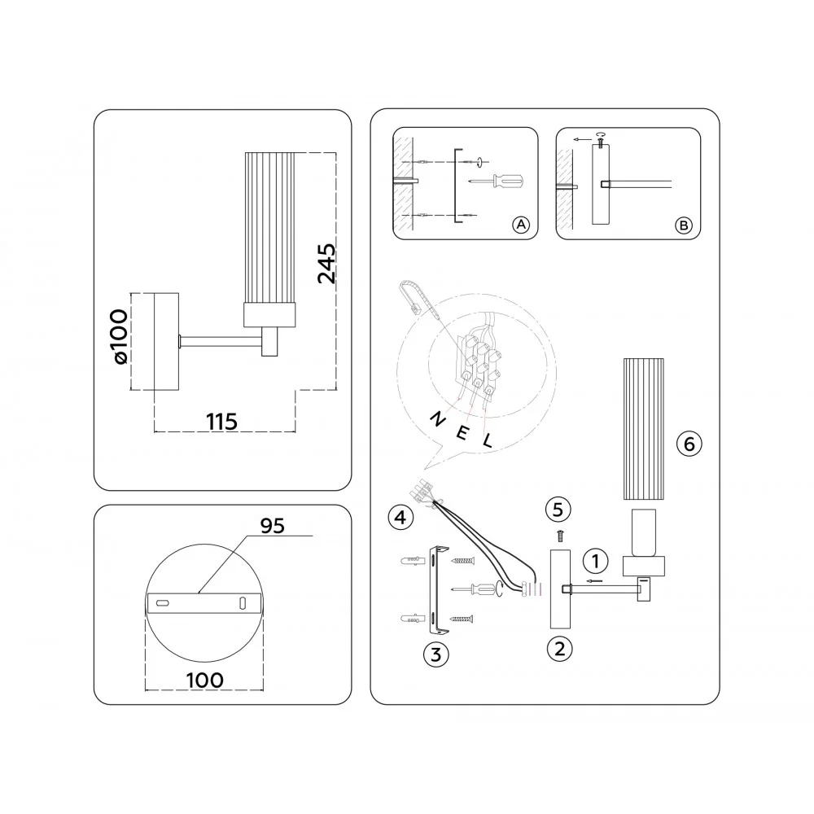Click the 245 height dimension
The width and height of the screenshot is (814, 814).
pos(326,264)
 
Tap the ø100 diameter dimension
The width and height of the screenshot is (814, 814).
pos(120,337)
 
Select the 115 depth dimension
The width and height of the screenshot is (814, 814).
pos(221,422)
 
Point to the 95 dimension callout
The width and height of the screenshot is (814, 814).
pos(273,526)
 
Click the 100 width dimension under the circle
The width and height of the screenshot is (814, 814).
pos(204,680)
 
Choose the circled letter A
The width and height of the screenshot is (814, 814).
pos(521,225)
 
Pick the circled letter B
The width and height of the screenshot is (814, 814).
pos(684,225)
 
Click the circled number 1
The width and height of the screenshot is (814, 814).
pos(596,561)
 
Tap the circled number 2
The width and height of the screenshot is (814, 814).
pos(560,649)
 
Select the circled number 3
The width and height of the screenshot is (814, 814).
pos(436,655)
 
